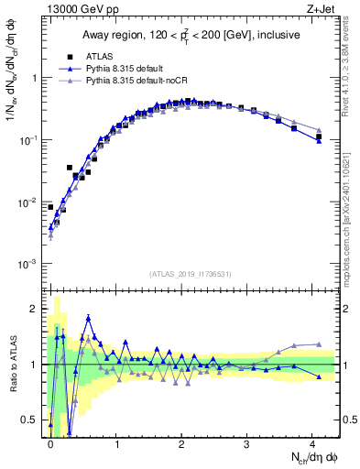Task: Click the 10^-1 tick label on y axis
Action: [x=28, y=139]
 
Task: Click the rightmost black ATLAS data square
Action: [x=318, y=137]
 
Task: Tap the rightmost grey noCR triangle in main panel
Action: [x=318, y=130]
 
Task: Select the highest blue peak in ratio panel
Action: [x=88, y=318]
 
